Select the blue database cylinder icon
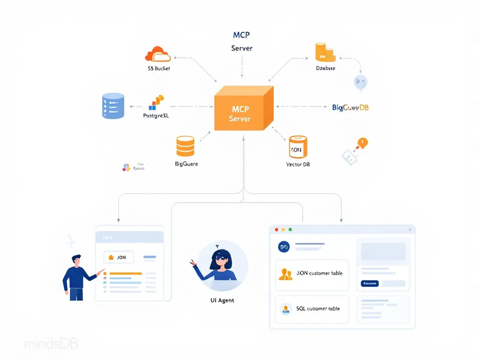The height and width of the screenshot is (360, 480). tap(113, 105)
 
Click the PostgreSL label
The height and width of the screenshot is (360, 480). tap(156, 115)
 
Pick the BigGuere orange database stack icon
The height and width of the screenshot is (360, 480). tap(185, 146)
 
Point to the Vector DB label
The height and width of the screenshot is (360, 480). tap(298, 165)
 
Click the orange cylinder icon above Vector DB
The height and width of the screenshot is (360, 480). tap(298, 147)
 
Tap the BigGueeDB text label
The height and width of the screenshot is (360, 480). tap(350, 107)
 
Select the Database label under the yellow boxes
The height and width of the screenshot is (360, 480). tap(326, 68)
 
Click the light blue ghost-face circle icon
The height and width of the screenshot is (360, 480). tap(360, 82)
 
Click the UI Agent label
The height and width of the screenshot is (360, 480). tap(223, 300)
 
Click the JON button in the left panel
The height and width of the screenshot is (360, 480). tap(118, 257)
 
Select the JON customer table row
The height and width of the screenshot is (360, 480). tap(312, 273)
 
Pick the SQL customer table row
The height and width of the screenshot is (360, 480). tap(312, 309)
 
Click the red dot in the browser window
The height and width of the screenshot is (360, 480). tap(277, 230)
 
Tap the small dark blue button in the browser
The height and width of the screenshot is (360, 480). tap(369, 284)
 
